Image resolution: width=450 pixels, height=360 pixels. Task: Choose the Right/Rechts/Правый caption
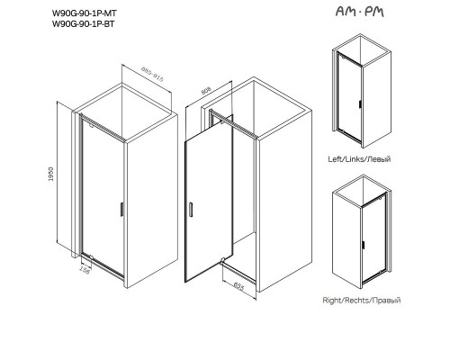(x=361, y=300)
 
